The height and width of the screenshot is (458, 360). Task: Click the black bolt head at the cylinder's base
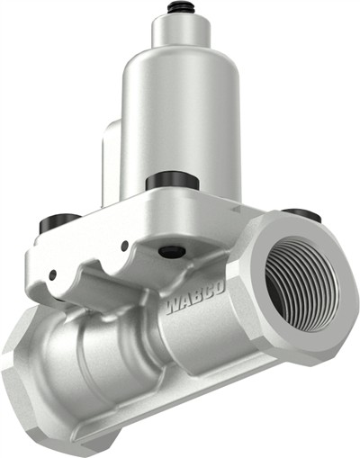click(x=171, y=180)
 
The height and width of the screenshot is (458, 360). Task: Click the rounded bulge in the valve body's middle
click(x=90, y=360)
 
